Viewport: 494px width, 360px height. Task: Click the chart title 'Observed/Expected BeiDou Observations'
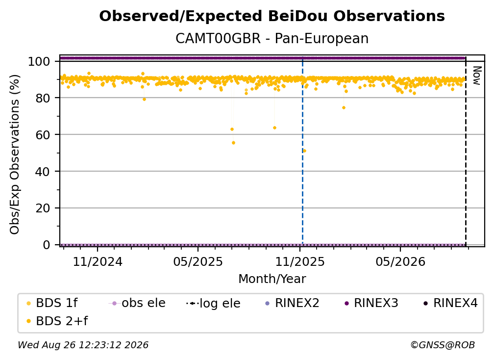click(272, 16)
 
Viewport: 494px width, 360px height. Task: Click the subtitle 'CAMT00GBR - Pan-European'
click(272, 39)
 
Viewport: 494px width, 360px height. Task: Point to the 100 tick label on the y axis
click(39, 61)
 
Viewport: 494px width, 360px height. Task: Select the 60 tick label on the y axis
click(43, 135)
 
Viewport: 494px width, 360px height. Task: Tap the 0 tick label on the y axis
click(47, 245)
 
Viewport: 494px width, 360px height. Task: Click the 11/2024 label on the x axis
click(98, 261)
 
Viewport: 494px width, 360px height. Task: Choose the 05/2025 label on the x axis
click(198, 261)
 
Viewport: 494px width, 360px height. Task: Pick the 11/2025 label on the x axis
click(300, 261)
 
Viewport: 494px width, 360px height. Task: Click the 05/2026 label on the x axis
click(400, 261)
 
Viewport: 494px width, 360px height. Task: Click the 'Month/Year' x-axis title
click(272, 279)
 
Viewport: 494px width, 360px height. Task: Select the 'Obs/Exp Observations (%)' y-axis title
click(15, 154)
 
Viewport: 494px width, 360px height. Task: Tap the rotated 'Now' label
click(477, 76)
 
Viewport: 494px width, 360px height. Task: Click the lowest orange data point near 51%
click(304, 151)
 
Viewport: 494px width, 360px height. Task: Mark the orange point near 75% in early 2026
click(344, 108)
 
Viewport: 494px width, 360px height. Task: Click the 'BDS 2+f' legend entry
click(57, 321)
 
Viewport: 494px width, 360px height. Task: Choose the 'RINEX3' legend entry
click(371, 303)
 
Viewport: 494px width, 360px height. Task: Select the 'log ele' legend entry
click(213, 303)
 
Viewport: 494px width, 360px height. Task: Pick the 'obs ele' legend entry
click(137, 303)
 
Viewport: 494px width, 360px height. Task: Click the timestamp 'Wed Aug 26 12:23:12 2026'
click(83, 345)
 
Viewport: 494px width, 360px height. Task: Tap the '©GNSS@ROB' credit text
click(443, 345)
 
